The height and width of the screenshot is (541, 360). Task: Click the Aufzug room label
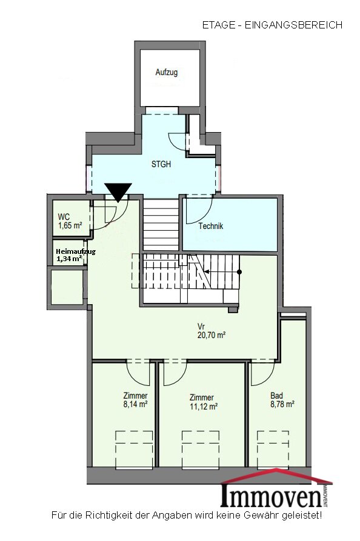pos(167,72)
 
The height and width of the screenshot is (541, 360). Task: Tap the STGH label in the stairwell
pos(161,164)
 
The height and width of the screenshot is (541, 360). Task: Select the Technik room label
pos(210,226)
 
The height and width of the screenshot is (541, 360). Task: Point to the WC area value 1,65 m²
pos(70,225)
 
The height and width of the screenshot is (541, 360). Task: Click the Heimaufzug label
pos(76,251)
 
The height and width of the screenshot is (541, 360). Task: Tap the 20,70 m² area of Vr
pos(212,334)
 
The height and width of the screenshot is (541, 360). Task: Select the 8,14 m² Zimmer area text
pos(136,404)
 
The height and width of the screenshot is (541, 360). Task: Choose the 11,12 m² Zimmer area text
pos(204,407)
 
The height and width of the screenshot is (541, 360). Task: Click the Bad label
pos(276,396)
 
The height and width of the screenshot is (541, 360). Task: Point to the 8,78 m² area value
pos(282,404)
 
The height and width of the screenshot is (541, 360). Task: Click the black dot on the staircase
pos(239,272)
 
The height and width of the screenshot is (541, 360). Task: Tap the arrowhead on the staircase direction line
pos(207,271)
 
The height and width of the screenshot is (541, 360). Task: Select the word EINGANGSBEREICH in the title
pos(294,25)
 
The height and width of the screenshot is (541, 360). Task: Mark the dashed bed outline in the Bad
pos(273,450)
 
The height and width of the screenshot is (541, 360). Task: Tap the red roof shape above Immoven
pos(276,476)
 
